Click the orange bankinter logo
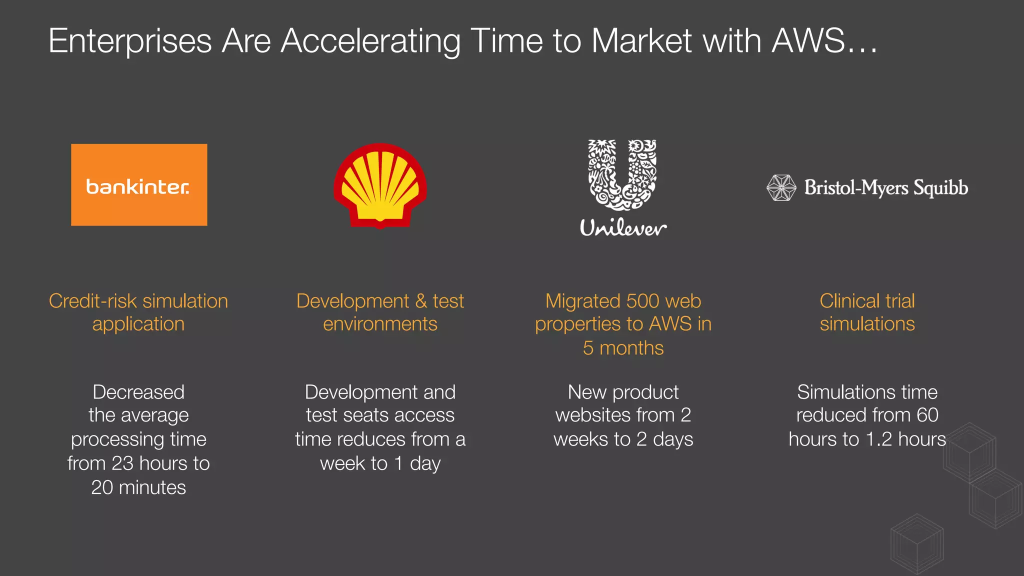(x=139, y=185)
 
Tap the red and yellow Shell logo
(x=380, y=185)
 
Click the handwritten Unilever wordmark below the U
(x=623, y=228)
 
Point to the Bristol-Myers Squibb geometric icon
(x=781, y=188)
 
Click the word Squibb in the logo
(x=940, y=188)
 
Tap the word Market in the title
(x=642, y=40)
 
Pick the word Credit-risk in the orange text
(x=93, y=301)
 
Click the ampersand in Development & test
(x=421, y=301)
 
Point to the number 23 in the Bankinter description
(x=122, y=463)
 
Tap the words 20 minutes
(x=138, y=487)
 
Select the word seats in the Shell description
(x=366, y=415)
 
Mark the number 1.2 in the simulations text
(x=878, y=439)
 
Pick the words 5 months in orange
(x=623, y=348)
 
